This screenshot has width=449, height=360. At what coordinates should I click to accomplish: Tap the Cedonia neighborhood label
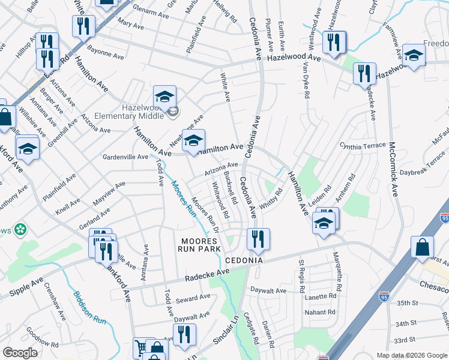[244, 262]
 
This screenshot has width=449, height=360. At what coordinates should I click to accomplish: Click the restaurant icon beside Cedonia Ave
[258, 239]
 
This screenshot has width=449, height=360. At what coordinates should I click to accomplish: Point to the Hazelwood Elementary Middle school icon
[164, 96]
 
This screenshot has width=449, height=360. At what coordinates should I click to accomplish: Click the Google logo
[20, 353]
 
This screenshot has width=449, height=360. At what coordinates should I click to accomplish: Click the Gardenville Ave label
[126, 157]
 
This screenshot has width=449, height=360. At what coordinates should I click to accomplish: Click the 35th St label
[406, 304]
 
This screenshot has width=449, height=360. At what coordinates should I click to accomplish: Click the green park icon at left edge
[21, 229]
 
